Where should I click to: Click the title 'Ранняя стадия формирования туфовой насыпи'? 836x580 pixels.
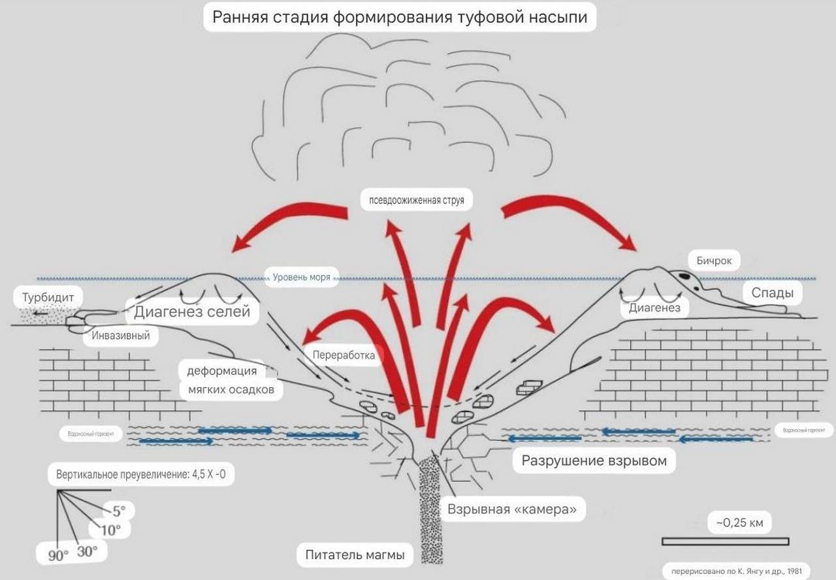[x=400, y=17]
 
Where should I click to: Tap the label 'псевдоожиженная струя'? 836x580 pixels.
[x=416, y=200]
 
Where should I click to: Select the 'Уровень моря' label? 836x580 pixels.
[x=302, y=278]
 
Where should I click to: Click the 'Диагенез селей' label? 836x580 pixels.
[x=192, y=312]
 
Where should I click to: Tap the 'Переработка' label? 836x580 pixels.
[x=344, y=355]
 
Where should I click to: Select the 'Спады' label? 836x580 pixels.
[x=772, y=293]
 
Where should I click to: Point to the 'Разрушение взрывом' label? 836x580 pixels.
[x=594, y=461]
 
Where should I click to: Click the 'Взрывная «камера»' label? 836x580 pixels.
[x=511, y=509]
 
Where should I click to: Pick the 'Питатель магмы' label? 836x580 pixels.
[x=355, y=555]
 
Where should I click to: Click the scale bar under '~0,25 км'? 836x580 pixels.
[x=725, y=541]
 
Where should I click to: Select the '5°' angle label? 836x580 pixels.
[x=118, y=510]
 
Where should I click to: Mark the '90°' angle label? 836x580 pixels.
[x=57, y=556]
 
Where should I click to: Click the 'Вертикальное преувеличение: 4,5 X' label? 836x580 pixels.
[x=140, y=475]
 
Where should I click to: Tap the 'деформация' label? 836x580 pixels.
[x=221, y=371]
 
